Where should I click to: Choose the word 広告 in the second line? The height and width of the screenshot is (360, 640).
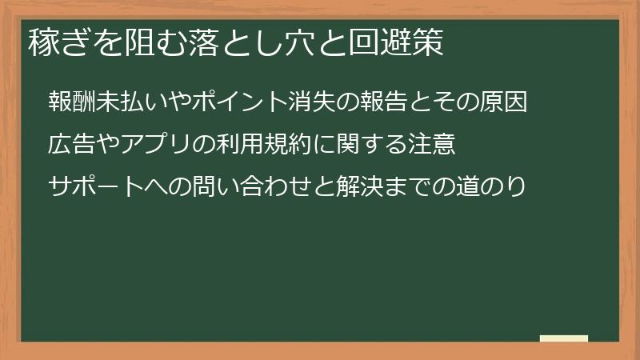pyautogui.click(x=72, y=145)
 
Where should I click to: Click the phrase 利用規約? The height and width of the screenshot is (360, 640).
pyautogui.click(x=263, y=145)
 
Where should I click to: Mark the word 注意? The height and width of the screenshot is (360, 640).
pyautogui.click(x=432, y=145)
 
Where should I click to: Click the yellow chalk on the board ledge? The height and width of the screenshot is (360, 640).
pyautogui.click(x=564, y=338)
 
